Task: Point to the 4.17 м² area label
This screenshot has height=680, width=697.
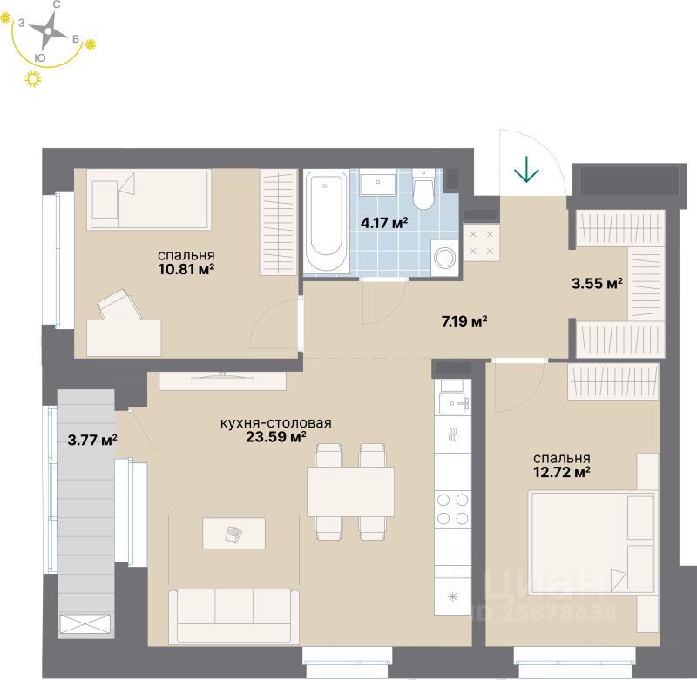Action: click(x=384, y=222)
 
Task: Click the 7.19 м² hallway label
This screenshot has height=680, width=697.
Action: click(x=464, y=321)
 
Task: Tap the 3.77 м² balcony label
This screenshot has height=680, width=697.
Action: click(x=92, y=439)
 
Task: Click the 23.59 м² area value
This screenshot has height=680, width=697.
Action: click(x=276, y=437)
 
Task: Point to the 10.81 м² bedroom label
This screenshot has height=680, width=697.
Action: click(x=186, y=269)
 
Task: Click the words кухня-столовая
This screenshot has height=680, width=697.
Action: click(x=275, y=423)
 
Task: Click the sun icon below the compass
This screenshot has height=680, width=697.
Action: click(x=34, y=80)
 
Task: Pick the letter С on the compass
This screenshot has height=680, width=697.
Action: click(x=56, y=5)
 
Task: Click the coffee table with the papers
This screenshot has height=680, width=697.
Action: click(x=233, y=533)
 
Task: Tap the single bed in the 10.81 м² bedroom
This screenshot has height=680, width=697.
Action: click(x=151, y=199)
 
